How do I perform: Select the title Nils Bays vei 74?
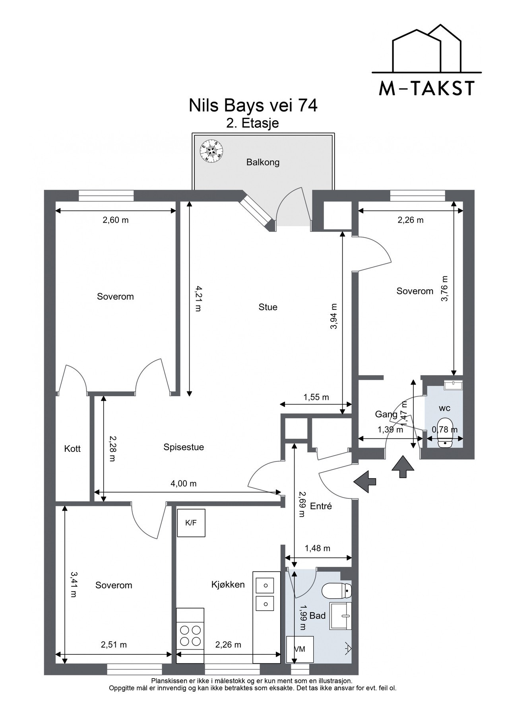(x=253, y=106)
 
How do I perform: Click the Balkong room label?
(x=263, y=162)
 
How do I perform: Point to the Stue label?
(x=268, y=307)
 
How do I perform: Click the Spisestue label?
(x=184, y=447)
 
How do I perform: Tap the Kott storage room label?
(x=72, y=449)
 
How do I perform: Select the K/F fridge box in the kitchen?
(x=191, y=523)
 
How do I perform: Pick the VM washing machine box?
(x=300, y=649)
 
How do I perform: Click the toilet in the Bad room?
(x=336, y=591)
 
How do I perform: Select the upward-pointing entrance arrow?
(x=403, y=466)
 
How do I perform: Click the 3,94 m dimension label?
(x=333, y=317)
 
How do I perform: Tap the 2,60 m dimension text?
(x=116, y=220)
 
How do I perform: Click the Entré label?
(x=321, y=506)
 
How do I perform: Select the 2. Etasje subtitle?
(x=253, y=123)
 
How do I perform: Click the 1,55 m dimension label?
(x=316, y=397)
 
